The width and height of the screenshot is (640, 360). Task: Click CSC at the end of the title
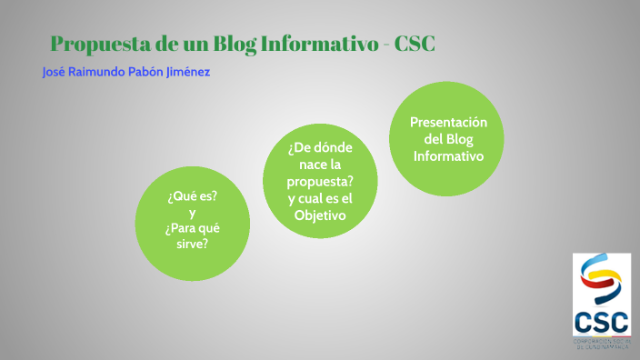click(x=415, y=43)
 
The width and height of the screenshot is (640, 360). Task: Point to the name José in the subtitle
click(x=55, y=71)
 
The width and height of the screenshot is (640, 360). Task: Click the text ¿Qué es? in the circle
click(x=192, y=195)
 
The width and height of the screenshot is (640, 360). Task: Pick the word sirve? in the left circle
click(x=192, y=244)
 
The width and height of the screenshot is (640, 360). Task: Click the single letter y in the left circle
click(x=192, y=212)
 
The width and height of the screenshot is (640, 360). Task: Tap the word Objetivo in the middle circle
click(x=320, y=215)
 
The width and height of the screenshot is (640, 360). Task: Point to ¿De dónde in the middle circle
click(x=320, y=148)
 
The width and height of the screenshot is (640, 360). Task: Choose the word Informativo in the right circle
click(x=449, y=155)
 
